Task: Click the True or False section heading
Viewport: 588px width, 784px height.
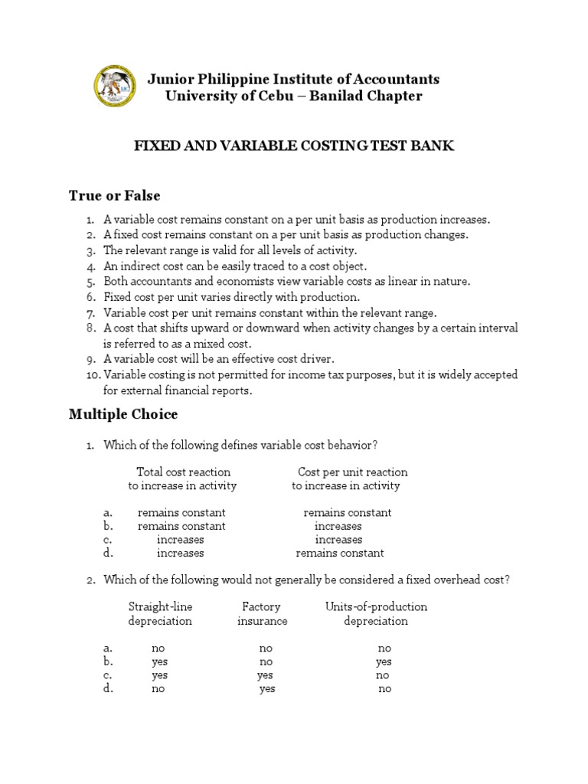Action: (114, 196)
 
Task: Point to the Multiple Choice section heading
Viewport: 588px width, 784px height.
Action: (123, 414)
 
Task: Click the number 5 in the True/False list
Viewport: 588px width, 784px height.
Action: (90, 282)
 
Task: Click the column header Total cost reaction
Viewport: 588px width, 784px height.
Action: (183, 472)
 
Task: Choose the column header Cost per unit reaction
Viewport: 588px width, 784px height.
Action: (352, 472)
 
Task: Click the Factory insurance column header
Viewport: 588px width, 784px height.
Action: (262, 614)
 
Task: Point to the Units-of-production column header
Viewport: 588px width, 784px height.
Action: (376, 607)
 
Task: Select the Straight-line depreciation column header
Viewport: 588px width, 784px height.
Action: (160, 614)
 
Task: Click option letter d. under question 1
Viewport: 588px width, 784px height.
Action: (108, 553)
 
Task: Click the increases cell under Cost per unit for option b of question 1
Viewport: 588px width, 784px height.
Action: (338, 527)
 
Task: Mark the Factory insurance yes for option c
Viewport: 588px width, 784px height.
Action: (265, 675)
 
